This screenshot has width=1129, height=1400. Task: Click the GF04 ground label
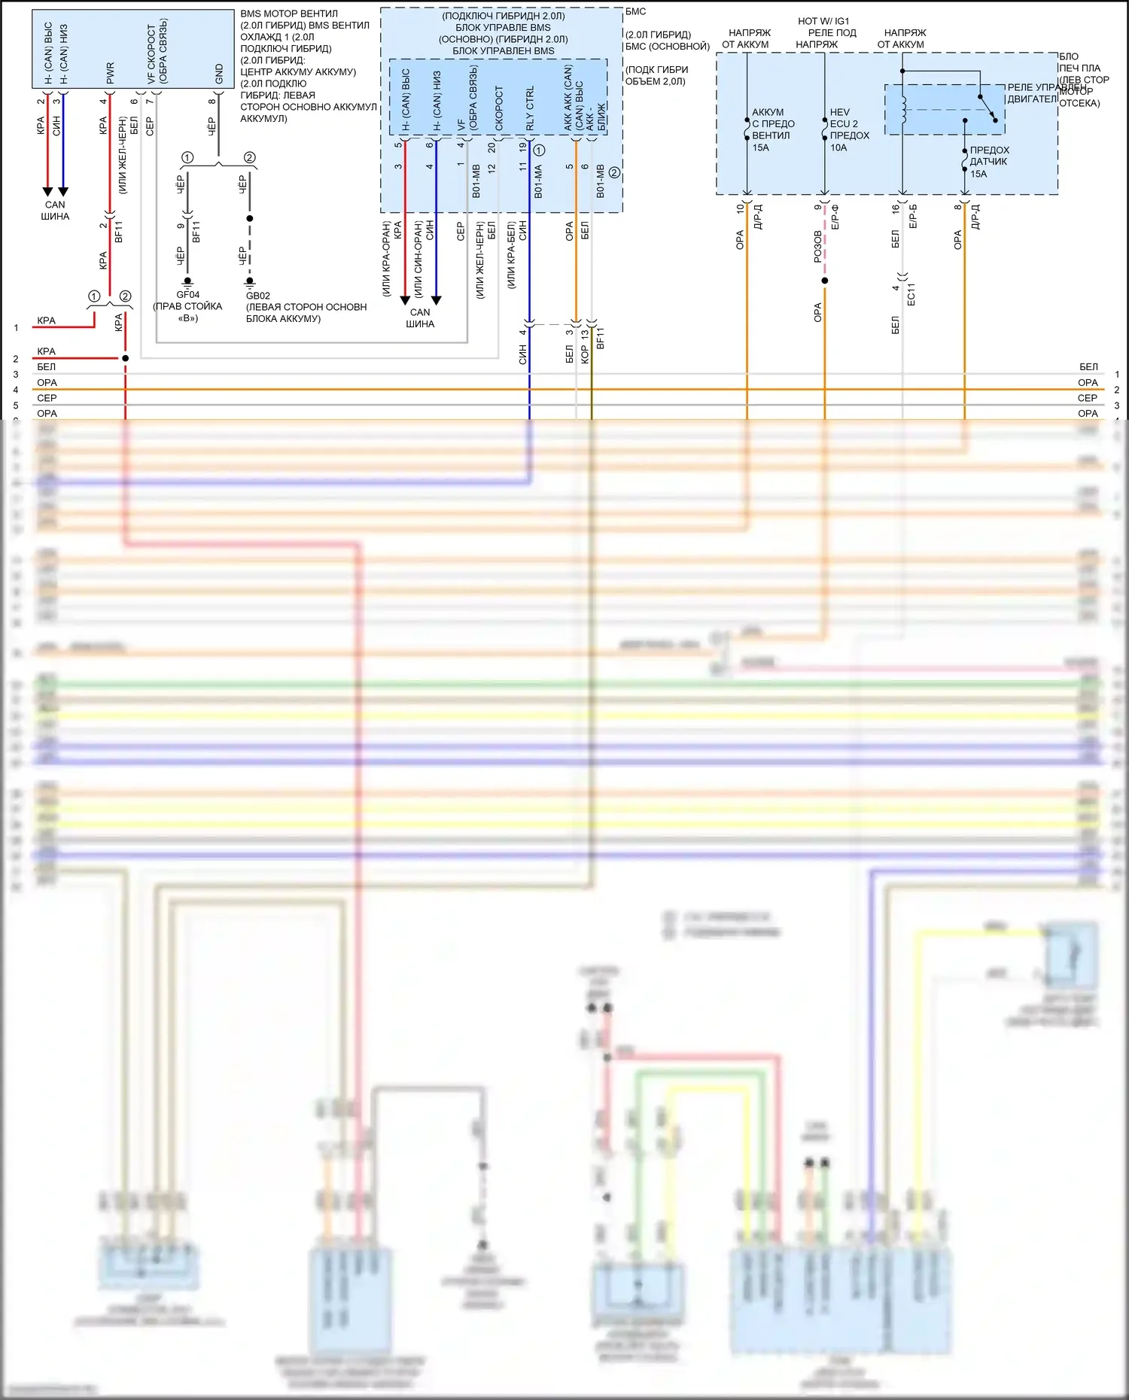pos(187,295)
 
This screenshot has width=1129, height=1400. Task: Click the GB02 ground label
pos(257,296)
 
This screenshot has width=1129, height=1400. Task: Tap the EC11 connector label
pos(911,294)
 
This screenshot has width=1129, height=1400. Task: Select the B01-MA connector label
pos(538,182)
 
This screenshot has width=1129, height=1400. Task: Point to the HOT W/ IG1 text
pos(823,21)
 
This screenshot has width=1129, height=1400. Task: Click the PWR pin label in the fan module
pos(110,73)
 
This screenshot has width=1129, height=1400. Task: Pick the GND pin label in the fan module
pos(219,74)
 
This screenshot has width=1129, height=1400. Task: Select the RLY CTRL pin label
pos(530,108)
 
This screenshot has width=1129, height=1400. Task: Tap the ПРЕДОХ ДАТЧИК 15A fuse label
pos(988,162)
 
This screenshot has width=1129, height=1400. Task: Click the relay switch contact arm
pos(987,107)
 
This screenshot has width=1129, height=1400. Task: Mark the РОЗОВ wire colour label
pos(818,247)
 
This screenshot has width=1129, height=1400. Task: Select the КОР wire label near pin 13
pos(585,354)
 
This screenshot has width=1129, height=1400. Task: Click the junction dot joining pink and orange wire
pos(825,281)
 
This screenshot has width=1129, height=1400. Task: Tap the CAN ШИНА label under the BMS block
pos(420,317)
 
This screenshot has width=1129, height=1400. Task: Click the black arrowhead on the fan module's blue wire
pos(63,192)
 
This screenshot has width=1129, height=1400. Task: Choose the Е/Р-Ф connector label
pos(835,217)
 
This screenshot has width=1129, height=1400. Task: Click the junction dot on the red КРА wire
pos(125,358)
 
